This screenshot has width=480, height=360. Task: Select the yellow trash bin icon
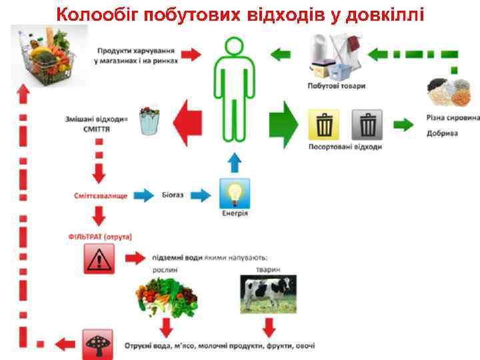pos(324,125)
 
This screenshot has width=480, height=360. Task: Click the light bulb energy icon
pos(235,193)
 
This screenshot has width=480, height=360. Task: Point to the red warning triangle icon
pos(99,258)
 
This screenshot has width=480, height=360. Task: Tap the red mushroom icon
pos(99,344)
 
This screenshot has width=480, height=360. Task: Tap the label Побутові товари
pos(337,86)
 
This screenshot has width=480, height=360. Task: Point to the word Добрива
pos(443,133)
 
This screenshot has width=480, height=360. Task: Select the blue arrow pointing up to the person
pos(233,163)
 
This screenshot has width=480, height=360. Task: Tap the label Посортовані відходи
pos(345,147)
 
